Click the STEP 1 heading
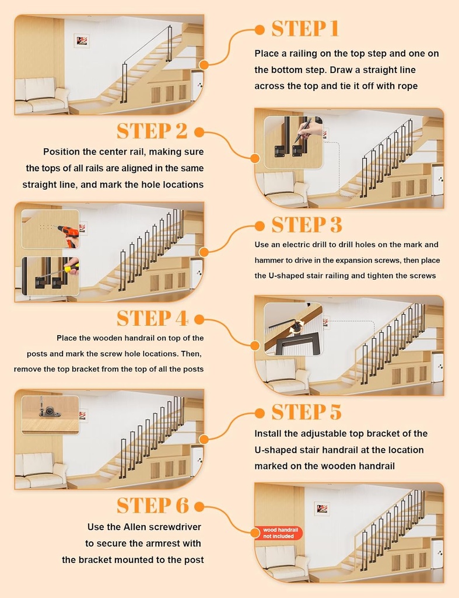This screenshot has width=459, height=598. [x=305, y=29]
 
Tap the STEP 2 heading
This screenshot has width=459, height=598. [x=152, y=131]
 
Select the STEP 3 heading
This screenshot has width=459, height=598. [x=307, y=225]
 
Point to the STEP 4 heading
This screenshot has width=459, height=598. [x=152, y=318]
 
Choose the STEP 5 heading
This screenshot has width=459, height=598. [x=306, y=412]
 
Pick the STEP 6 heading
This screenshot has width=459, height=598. [x=152, y=506]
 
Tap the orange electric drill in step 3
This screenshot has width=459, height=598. [x=69, y=235]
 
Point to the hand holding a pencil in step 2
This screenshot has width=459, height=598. [x=310, y=129]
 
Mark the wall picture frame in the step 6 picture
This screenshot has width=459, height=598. [x=322, y=509]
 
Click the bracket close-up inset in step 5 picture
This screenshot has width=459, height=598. [x=50, y=414]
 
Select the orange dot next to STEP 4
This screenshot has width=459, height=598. [x=198, y=319]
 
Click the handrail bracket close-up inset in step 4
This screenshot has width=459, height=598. [x=293, y=328]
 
